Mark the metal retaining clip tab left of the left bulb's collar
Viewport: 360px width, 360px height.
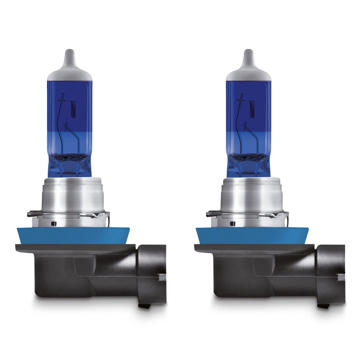(34, 214)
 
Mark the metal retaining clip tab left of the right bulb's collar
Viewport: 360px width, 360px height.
(212, 214)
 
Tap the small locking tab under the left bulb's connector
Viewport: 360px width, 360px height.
(145, 306)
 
